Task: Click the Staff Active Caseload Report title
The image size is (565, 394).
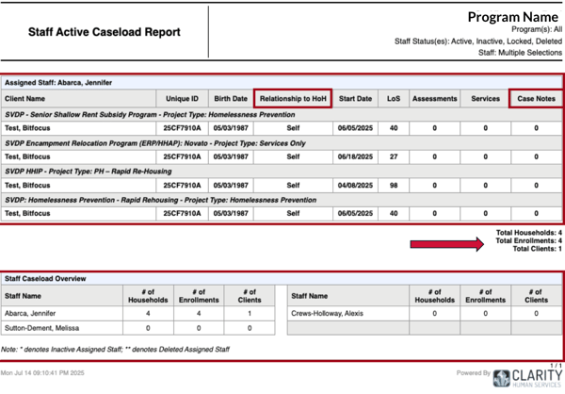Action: (x=105, y=32)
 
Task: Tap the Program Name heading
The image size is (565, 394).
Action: (x=513, y=17)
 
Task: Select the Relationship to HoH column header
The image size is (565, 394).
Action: (x=293, y=98)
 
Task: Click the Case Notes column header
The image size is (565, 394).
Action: (x=536, y=98)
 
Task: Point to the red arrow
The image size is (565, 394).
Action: (x=447, y=244)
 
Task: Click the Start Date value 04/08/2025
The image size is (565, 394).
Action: (x=355, y=185)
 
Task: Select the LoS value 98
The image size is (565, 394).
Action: (x=394, y=185)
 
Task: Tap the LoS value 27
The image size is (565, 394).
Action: (x=394, y=156)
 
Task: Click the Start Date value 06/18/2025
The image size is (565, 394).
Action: (x=355, y=156)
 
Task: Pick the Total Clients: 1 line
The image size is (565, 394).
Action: (x=538, y=249)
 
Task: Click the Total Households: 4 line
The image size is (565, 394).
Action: (x=529, y=233)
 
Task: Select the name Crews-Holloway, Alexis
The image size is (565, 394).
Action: (x=327, y=313)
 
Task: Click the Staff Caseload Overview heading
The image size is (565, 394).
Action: (x=45, y=279)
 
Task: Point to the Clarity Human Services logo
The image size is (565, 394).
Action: (x=527, y=377)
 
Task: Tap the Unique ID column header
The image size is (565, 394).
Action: (x=182, y=98)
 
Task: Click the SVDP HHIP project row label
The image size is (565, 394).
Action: (x=89, y=171)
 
